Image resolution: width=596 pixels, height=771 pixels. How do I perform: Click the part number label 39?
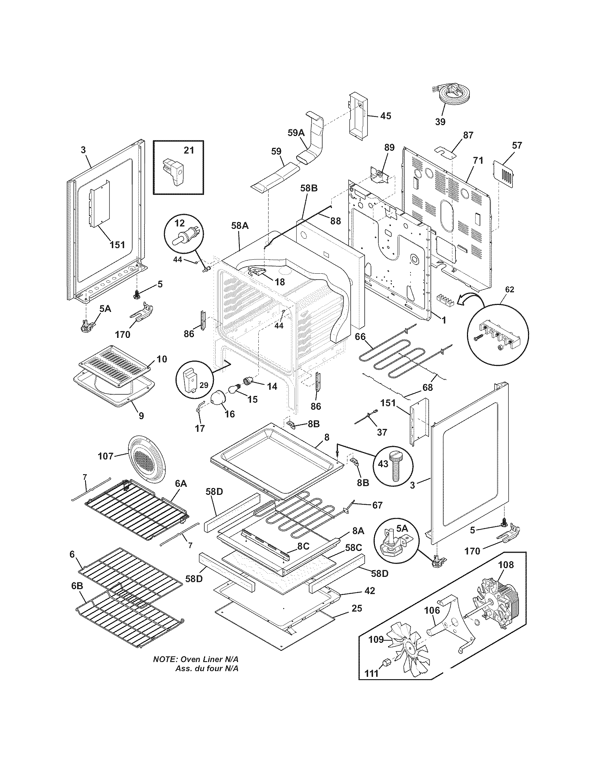[440, 122]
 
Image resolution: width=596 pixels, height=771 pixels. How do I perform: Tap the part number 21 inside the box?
[189, 150]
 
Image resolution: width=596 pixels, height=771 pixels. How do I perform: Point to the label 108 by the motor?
[506, 565]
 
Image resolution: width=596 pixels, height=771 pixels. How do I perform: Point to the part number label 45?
[386, 116]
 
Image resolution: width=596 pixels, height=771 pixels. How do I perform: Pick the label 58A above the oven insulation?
[240, 226]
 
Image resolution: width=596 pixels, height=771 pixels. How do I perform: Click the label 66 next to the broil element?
[360, 337]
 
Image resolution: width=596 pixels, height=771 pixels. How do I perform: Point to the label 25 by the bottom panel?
[357, 608]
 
